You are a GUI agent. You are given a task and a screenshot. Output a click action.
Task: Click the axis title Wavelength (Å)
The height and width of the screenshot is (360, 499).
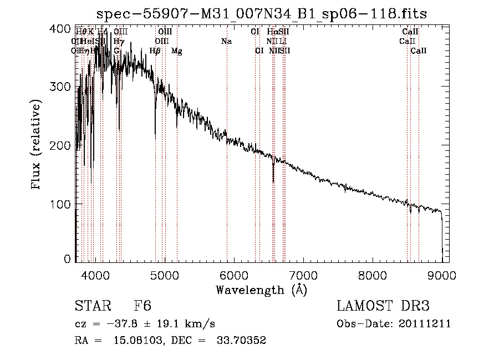point(261,290)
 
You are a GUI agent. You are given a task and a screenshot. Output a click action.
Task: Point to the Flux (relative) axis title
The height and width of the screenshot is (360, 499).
point(37,145)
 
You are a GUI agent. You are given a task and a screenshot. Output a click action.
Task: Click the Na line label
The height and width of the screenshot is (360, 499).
point(226,42)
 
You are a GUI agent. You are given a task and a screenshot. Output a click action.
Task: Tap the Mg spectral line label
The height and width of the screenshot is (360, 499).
point(177,51)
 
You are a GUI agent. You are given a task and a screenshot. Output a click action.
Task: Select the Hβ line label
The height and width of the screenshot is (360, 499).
point(155,51)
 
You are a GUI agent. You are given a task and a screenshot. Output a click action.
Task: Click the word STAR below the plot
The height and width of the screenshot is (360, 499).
point(93,306)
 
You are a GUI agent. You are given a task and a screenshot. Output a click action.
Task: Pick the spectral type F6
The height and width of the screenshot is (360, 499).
point(142,306)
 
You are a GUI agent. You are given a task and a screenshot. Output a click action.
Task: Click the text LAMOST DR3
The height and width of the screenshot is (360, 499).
point(383,306)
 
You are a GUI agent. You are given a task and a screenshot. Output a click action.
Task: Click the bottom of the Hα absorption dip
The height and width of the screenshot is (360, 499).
point(273,181)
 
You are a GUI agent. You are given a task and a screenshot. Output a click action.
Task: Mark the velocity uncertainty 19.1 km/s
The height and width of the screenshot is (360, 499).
point(176,324)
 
